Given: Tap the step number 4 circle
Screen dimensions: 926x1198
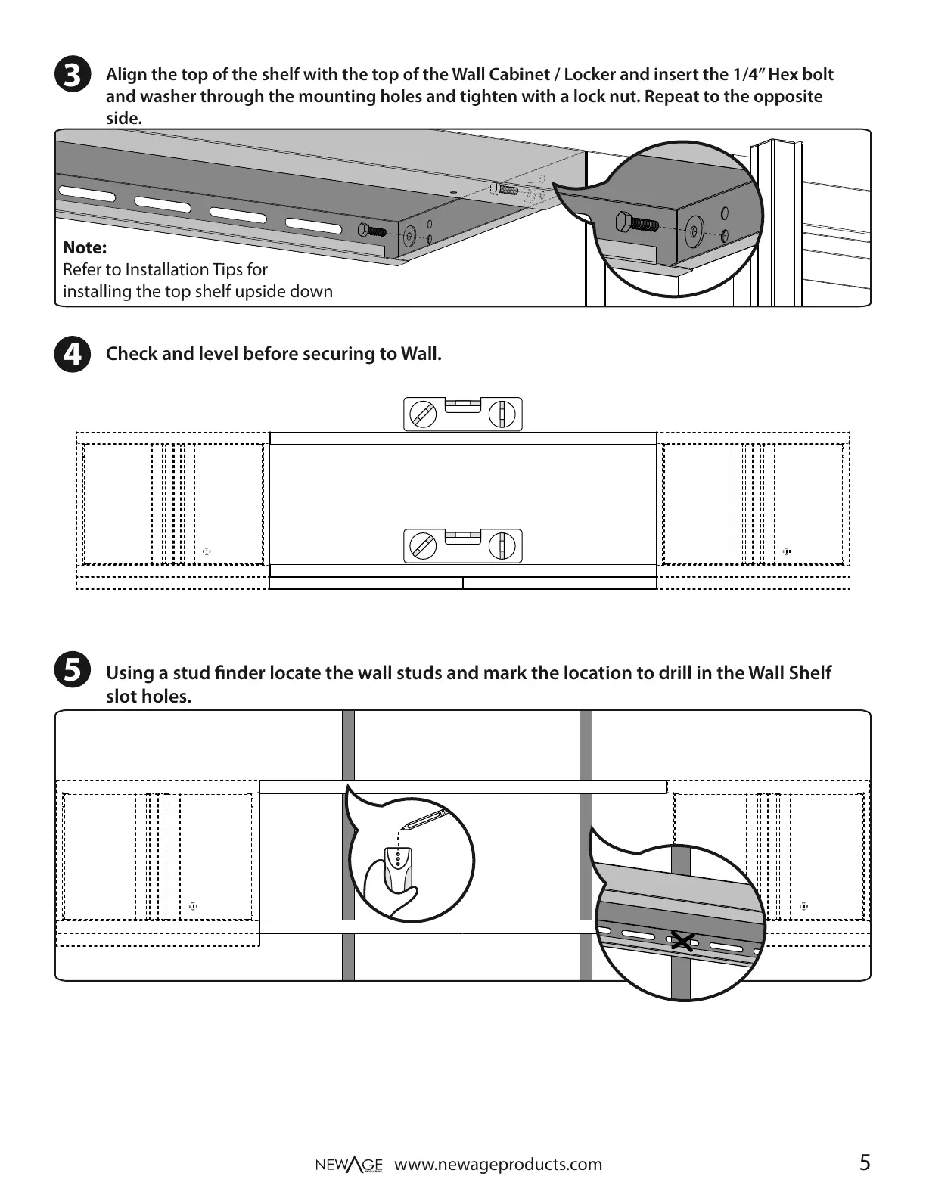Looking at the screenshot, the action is [73, 355].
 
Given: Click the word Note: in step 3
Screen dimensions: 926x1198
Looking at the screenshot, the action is [85, 247].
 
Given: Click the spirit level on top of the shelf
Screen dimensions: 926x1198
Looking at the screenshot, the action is [462, 414].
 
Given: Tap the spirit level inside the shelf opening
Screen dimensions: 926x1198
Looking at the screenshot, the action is [462, 545].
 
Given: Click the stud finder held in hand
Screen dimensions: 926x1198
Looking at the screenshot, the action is [398, 868].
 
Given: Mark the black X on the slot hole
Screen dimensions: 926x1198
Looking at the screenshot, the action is [683, 942].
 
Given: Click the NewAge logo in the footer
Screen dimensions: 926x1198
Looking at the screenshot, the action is [349, 1165].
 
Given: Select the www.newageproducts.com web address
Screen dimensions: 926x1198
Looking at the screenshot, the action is [498, 1165].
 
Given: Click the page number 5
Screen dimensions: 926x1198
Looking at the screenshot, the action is [865, 1162].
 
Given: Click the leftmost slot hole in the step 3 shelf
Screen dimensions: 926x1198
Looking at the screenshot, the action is [86, 193].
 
